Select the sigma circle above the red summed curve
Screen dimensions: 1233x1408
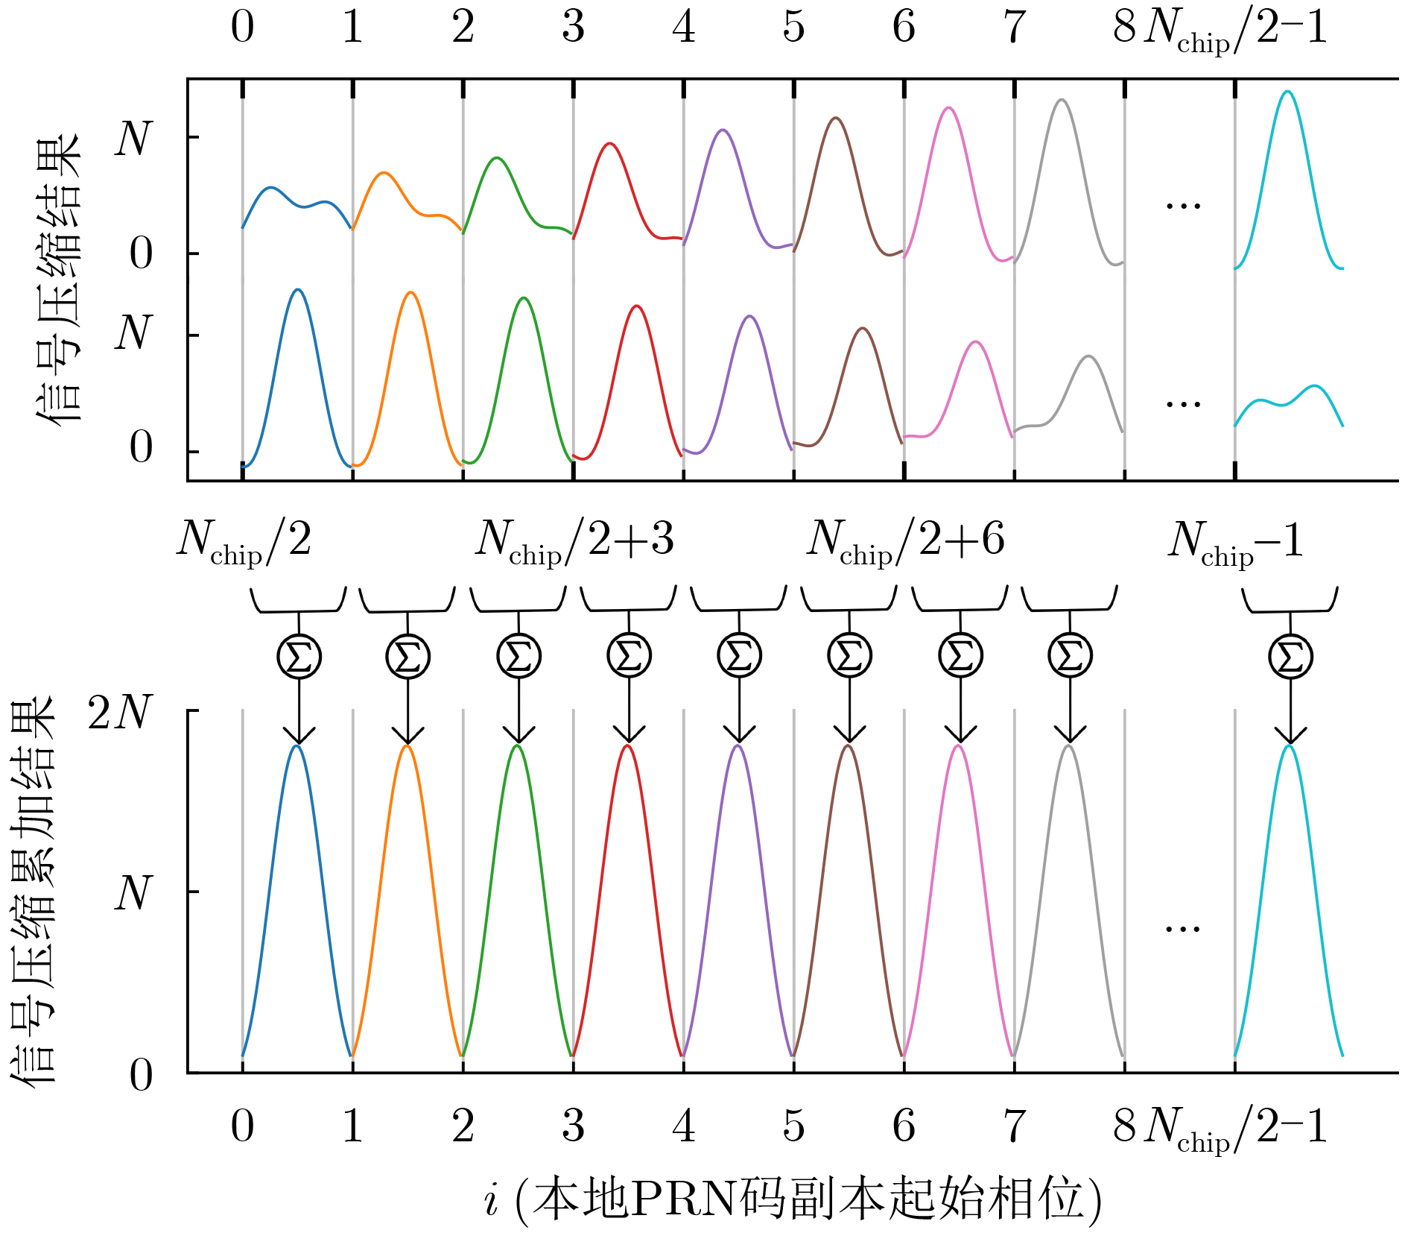click(x=629, y=656)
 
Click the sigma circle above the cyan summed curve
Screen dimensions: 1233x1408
click(x=1290, y=656)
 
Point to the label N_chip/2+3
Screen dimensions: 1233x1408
click(x=574, y=541)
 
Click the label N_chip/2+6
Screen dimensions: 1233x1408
click(x=905, y=541)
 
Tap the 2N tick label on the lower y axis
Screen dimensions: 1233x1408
click(x=120, y=713)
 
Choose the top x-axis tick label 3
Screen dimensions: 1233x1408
click(x=573, y=27)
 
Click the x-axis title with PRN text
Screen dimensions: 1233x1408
click(x=793, y=1200)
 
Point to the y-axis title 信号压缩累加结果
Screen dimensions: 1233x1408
click(x=34, y=891)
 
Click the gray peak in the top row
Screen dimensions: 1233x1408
click(x=1062, y=101)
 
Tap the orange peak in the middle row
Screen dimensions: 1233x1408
click(x=410, y=293)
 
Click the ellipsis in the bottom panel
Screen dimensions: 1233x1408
click(x=1183, y=929)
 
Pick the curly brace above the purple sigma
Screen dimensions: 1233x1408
click(x=738, y=600)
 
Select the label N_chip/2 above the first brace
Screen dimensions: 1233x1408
click(x=244, y=541)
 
